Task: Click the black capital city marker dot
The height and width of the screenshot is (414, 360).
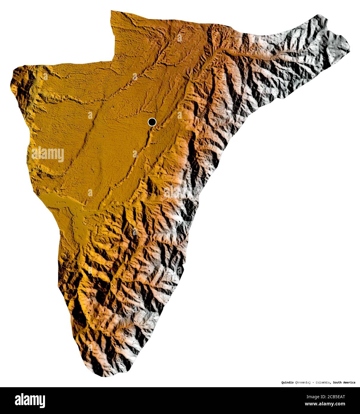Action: [x=152, y=122]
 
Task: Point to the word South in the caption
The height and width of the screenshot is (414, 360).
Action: [x=338, y=382]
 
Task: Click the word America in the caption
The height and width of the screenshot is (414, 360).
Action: [x=349, y=382]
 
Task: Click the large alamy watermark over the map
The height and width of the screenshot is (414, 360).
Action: [x=48, y=155]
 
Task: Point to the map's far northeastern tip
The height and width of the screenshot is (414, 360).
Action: [x=349, y=48]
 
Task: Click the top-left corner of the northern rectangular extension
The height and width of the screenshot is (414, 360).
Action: [x=111, y=11]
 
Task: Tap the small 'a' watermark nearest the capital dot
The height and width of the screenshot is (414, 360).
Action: [x=179, y=115]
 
